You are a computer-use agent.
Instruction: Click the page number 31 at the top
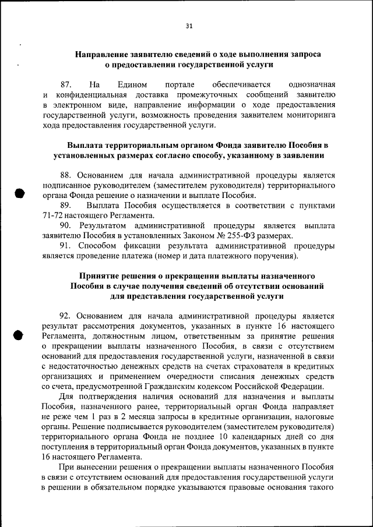coord(189,25)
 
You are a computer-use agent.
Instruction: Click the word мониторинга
coord(312,115)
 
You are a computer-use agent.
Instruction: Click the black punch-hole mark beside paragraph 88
coord(19,194)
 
